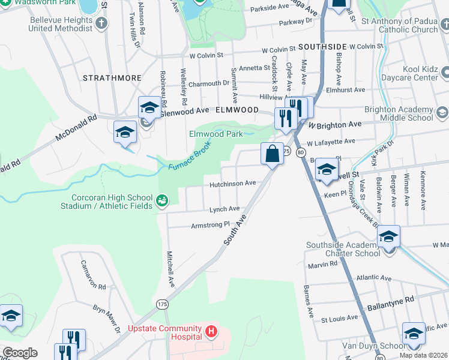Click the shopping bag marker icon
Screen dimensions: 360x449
coord(272,153)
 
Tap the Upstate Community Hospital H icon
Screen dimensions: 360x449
coord(211,331)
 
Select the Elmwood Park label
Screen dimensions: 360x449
coord(216,134)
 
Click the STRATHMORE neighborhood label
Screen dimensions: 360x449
coord(112,78)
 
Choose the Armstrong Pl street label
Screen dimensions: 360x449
coord(210,225)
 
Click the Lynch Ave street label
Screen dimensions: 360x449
coord(224,209)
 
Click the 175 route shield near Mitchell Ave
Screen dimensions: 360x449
coord(162,305)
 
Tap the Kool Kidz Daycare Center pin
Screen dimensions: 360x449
coord(445,73)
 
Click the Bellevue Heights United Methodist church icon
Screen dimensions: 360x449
coord(102,24)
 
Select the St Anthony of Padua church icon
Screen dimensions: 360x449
coord(444,25)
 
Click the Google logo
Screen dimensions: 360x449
coord(19,353)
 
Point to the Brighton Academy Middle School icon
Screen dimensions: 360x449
coord(442,113)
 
